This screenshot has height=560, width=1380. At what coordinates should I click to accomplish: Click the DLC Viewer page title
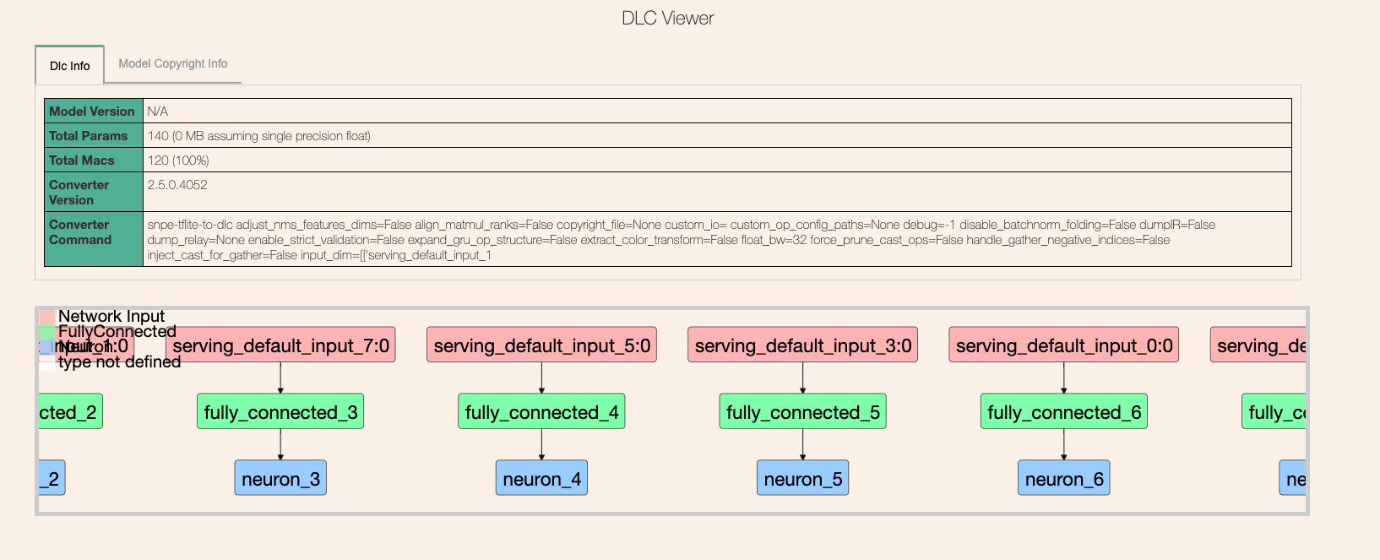[667, 19]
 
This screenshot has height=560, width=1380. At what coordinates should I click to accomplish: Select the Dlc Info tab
[70, 66]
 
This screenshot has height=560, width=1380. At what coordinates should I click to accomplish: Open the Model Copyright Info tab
[173, 63]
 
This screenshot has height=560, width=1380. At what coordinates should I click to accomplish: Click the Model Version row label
[92, 111]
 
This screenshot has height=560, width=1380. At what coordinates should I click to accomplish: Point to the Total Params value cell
[259, 136]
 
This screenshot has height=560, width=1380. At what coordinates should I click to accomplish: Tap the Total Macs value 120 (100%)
[178, 160]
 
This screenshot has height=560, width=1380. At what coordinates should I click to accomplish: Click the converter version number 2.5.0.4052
[177, 185]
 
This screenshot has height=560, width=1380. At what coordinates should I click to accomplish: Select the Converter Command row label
[80, 232]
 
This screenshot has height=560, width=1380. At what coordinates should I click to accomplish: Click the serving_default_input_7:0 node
[280, 345]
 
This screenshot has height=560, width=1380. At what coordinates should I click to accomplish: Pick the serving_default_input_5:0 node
[541, 345]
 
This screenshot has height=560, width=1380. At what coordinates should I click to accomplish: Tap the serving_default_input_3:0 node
[802, 345]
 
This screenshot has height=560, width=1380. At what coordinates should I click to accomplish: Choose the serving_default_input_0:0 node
[1063, 345]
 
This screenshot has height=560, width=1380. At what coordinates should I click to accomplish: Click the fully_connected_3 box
[280, 412]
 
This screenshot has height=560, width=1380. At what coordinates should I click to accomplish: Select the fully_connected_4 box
[541, 412]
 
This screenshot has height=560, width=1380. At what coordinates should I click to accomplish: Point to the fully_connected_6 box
[1063, 412]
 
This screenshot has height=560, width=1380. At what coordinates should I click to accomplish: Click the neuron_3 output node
[280, 479]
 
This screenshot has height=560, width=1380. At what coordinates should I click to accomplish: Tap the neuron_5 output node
[802, 479]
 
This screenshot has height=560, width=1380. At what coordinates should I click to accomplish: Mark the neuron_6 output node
[1063, 479]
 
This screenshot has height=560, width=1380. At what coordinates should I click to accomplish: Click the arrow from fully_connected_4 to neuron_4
[541, 445]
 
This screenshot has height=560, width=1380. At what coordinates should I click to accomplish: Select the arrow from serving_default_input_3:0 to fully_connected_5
[802, 378]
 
